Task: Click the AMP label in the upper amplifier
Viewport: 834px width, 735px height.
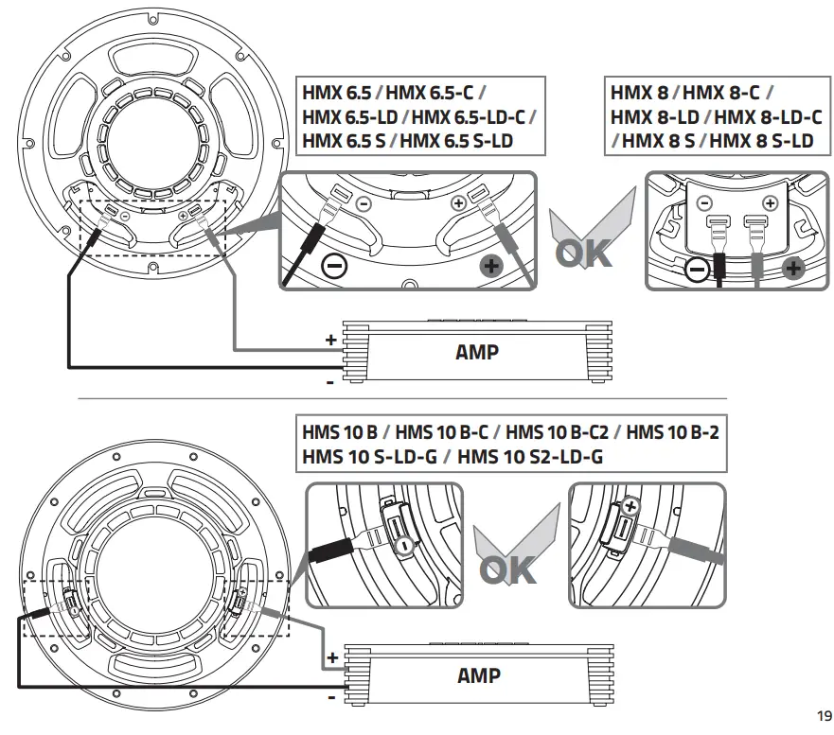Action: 477,353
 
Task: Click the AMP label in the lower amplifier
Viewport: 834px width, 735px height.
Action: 478,675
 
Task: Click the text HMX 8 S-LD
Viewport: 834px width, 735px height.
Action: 761,141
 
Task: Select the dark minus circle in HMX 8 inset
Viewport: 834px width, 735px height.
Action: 696,271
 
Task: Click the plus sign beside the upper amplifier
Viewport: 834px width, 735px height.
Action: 330,339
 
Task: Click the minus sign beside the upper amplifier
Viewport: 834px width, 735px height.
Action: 329,382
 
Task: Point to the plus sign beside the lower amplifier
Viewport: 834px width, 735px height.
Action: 331,656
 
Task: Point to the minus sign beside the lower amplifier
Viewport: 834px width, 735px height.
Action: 329,698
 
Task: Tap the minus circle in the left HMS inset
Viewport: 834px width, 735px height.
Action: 403,546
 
